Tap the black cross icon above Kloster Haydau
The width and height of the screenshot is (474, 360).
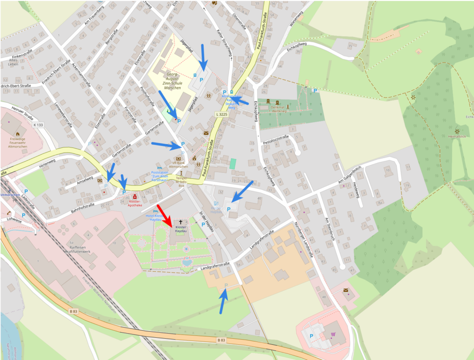tap(181, 222)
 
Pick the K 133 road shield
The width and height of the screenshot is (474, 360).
tap(38, 125)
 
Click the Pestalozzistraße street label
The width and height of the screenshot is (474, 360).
tap(275, 138)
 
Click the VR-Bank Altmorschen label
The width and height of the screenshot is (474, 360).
tap(179, 165)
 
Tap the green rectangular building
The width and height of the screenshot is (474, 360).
tap(232, 164)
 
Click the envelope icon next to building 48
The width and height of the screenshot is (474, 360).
tap(346, 290)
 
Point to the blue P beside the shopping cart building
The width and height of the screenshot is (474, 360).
tap(311, 336)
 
